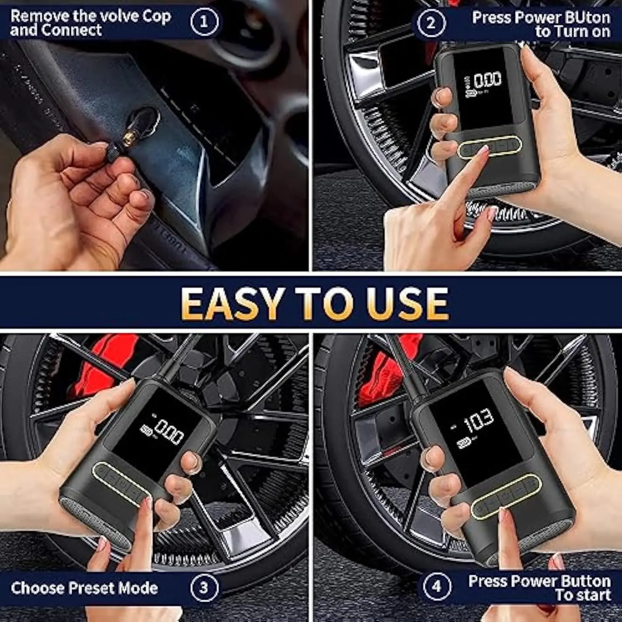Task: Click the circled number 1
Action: click(x=204, y=22)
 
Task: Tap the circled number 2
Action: click(x=431, y=23)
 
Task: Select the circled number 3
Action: click(x=204, y=588)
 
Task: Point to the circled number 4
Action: click(x=437, y=586)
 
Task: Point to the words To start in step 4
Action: click(x=583, y=595)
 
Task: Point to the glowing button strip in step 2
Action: click(x=489, y=146)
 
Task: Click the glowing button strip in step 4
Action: click(x=506, y=496)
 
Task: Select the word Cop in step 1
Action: click(x=157, y=17)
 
